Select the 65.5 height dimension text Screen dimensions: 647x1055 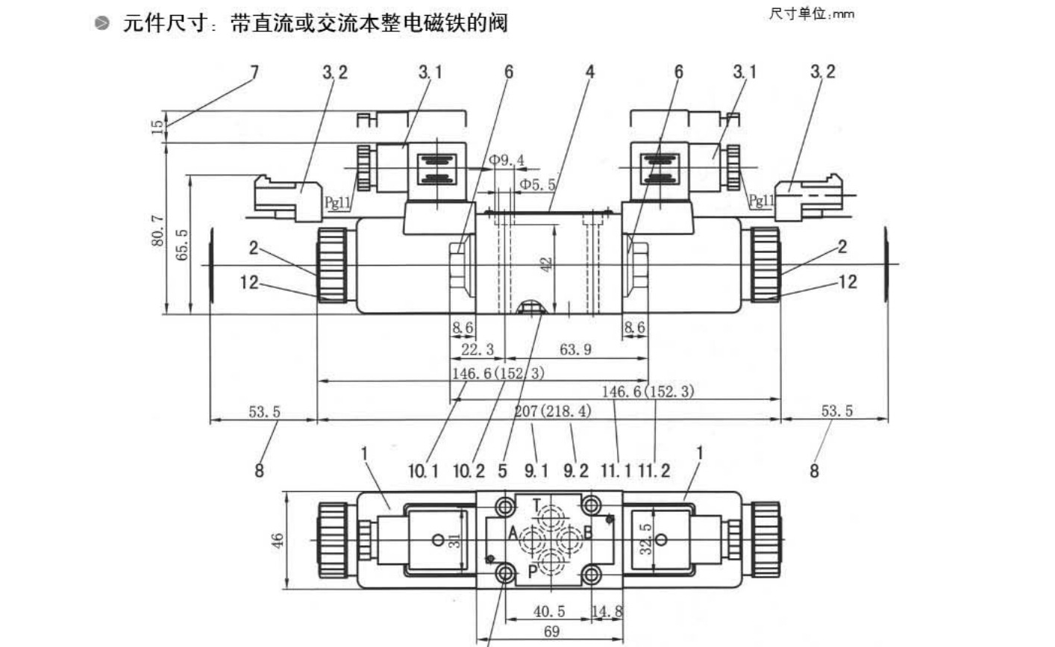182,245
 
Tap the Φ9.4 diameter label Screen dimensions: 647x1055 507,160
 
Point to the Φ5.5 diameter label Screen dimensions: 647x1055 537,184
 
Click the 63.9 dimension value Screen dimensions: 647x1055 575,350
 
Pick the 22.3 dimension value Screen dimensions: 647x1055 478,350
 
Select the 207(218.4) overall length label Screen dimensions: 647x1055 553,411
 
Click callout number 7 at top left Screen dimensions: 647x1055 254,72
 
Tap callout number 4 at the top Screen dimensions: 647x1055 589,72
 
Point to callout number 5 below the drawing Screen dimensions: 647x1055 502,471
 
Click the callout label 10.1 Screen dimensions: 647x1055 424,471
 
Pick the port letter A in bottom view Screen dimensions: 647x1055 513,534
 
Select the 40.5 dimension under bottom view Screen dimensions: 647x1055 549,612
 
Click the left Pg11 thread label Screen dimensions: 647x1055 338,202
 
